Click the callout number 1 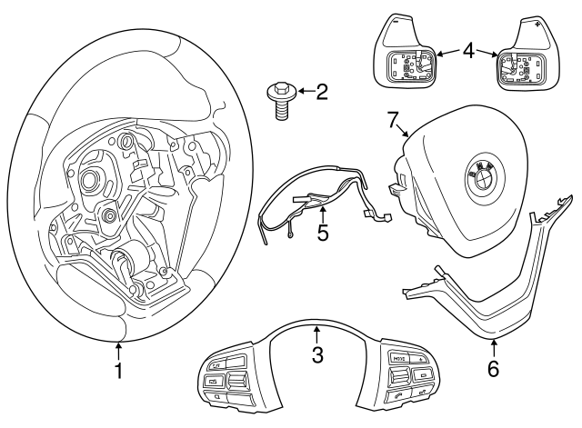[x=118, y=370]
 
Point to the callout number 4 [x=467, y=51]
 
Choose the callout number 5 [x=323, y=234]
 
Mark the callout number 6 [x=494, y=369]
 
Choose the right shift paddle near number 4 [x=527, y=55]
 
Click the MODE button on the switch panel [x=398, y=359]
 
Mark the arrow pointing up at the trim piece [x=494, y=347]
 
